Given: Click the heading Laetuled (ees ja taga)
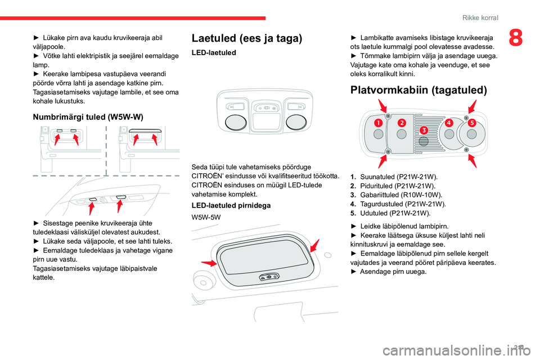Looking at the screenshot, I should click(x=247, y=38).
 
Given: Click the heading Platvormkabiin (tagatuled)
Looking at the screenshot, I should click(x=418, y=90).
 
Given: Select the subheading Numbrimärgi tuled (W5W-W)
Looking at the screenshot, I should click(x=88, y=117).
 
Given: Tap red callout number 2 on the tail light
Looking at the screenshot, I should click(x=402, y=122).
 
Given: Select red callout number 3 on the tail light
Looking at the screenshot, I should click(x=423, y=130).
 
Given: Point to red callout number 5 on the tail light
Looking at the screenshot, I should click(x=471, y=122).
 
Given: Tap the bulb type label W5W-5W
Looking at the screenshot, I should click(x=206, y=217).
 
